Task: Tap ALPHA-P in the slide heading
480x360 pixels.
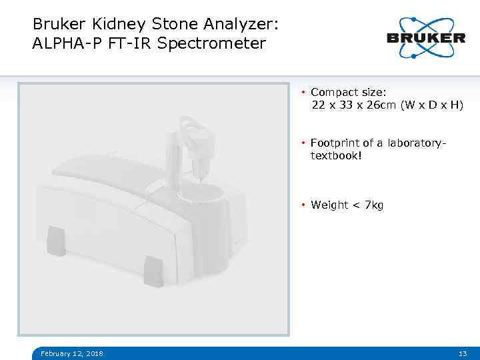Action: (x=62, y=44)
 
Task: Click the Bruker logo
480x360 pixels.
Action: (x=426, y=37)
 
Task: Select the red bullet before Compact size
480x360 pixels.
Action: (x=303, y=92)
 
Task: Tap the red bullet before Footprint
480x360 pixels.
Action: (x=303, y=143)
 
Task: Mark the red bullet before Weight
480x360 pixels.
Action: (x=303, y=205)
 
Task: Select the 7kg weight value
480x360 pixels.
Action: (x=374, y=205)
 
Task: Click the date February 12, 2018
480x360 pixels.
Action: (x=72, y=353)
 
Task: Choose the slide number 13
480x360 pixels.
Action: (x=463, y=353)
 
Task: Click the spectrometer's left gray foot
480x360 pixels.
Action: (x=56, y=241)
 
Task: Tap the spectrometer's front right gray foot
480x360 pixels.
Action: (x=154, y=271)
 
